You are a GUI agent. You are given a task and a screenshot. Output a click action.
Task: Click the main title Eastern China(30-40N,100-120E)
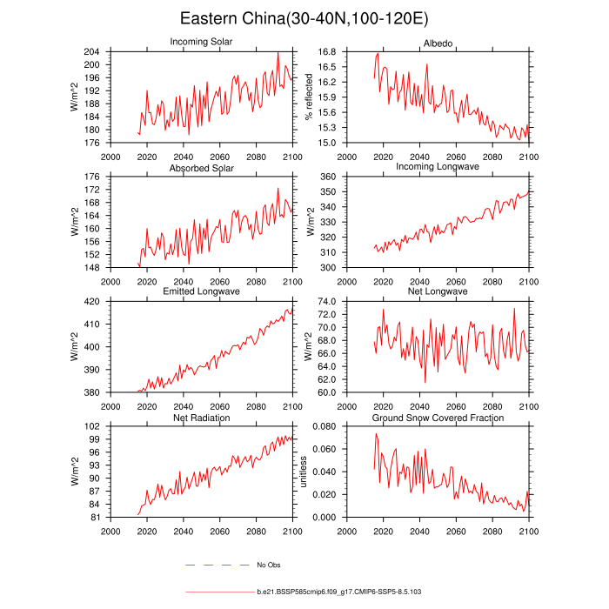[x=304, y=18]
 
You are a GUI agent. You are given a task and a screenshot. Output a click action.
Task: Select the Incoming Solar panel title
[x=201, y=42]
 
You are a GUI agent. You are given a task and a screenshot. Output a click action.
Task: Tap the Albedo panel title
[x=438, y=42]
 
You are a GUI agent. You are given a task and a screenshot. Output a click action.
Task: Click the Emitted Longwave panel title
[x=201, y=291]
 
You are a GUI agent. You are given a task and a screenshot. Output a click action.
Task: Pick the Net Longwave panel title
[x=438, y=291]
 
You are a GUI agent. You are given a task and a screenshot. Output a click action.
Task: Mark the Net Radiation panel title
[x=201, y=418]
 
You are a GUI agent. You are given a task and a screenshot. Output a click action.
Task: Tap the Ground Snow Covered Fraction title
[x=438, y=418]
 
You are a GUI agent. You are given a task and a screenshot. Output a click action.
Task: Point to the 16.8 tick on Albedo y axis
[x=327, y=51]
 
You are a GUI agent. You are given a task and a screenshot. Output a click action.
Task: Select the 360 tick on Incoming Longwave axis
[x=330, y=177]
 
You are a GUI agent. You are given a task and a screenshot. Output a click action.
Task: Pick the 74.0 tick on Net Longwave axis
[x=327, y=302]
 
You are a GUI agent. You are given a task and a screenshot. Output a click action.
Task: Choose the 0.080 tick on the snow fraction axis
[x=325, y=426]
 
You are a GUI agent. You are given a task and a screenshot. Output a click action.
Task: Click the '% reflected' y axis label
[x=307, y=97]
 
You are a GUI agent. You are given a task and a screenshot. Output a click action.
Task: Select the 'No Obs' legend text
[x=268, y=565]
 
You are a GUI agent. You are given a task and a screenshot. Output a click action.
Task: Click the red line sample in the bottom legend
[x=218, y=592]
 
